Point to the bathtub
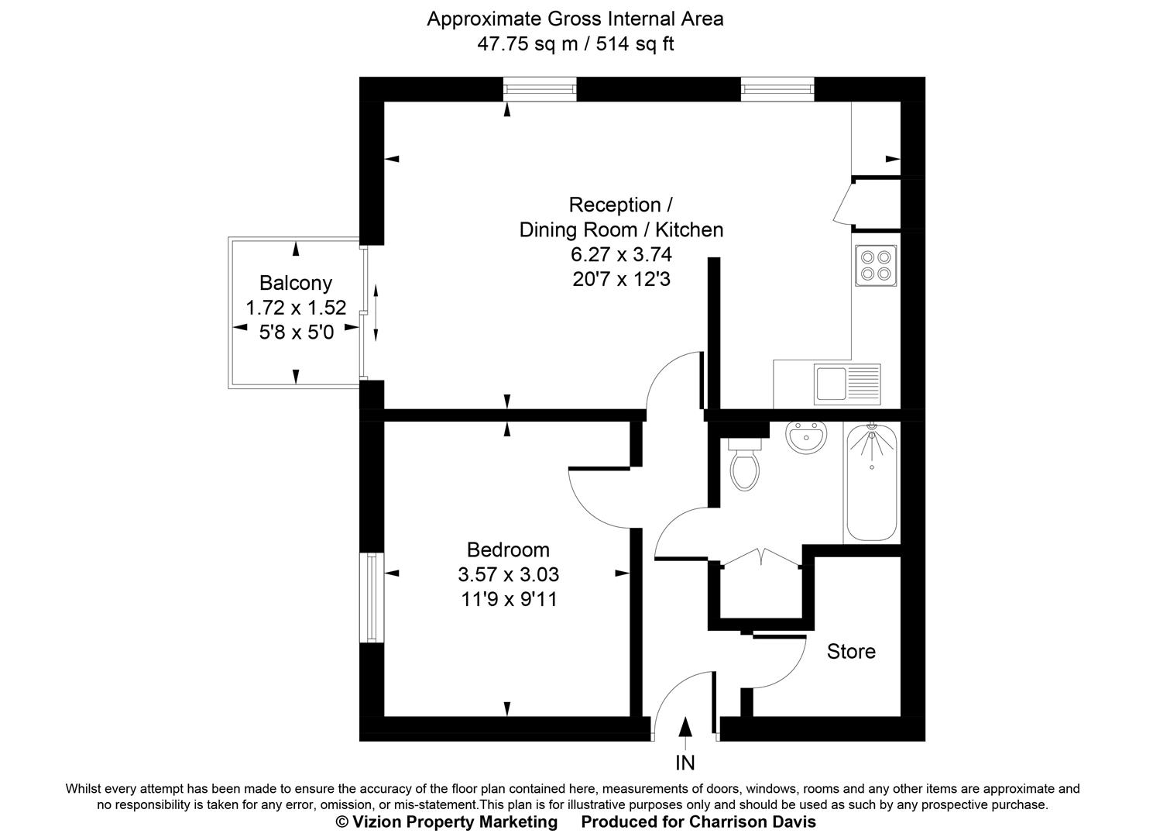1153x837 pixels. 872,484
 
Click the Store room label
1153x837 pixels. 851,651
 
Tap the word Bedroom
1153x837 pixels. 508,549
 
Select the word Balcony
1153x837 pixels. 295,283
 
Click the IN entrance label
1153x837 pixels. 685,763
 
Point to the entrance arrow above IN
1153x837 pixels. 685,729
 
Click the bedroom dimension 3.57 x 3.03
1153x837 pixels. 508,574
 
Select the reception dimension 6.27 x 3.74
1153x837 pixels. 621,254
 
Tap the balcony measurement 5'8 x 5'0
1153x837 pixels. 295,332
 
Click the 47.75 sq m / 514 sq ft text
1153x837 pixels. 575,43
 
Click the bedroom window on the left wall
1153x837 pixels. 371,598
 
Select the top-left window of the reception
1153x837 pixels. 540,90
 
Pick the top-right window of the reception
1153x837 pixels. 777,90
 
